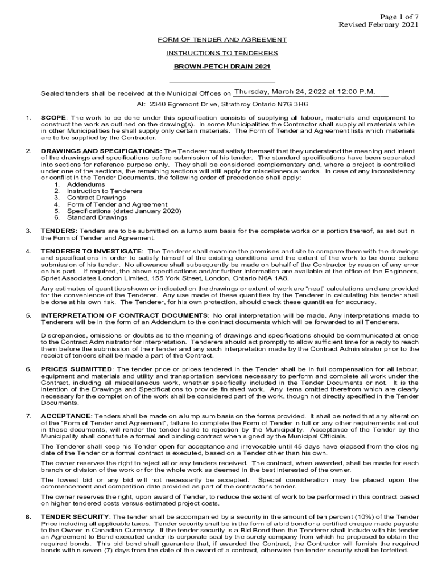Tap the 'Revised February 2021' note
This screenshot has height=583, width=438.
(x=379, y=24)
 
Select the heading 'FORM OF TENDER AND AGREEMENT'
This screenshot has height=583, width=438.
(x=222, y=39)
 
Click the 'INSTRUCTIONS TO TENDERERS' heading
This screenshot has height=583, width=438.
(x=222, y=53)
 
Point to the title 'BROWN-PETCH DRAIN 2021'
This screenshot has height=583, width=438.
(x=222, y=67)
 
